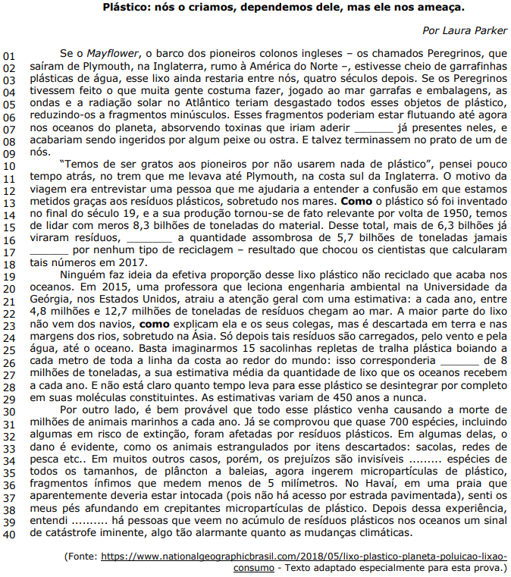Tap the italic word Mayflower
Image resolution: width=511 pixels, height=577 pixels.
(110, 55)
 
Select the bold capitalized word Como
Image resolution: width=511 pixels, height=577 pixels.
(356, 201)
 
